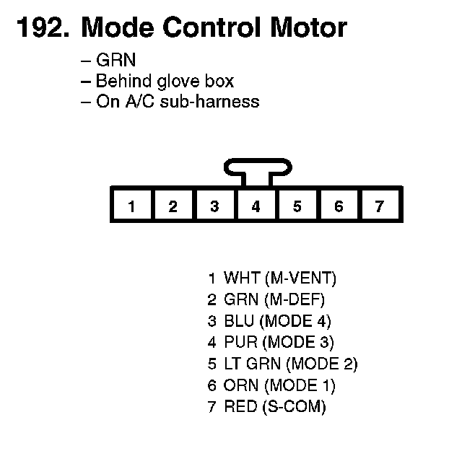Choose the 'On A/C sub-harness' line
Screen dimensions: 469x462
[170, 101]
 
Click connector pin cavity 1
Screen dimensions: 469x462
[131, 206]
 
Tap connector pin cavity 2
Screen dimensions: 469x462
[173, 206]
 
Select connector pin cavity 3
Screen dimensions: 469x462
[214, 206]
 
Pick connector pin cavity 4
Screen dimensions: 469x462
[256, 206]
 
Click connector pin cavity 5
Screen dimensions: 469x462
[297, 206]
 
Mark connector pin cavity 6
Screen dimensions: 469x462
[339, 206]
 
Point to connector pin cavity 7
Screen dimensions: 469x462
[380, 206]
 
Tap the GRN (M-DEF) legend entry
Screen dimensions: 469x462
[266, 299]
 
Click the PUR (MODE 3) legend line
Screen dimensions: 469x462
[271, 342]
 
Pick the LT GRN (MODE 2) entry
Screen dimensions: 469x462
[282, 364]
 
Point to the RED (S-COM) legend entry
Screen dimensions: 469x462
[266, 407]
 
